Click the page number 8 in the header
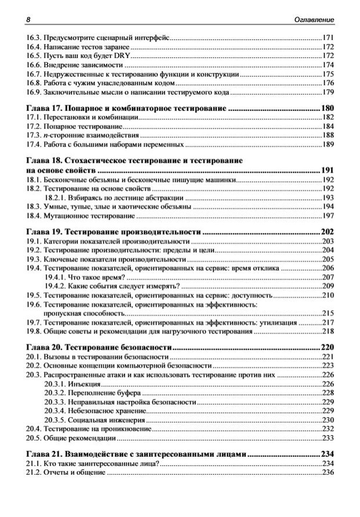click(27, 20)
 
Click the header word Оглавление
click(314, 20)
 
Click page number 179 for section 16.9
click(328, 93)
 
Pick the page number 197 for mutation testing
click(328, 216)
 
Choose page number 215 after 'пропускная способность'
click(328, 314)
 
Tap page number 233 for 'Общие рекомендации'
click(328, 438)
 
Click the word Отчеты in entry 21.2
click(54, 472)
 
